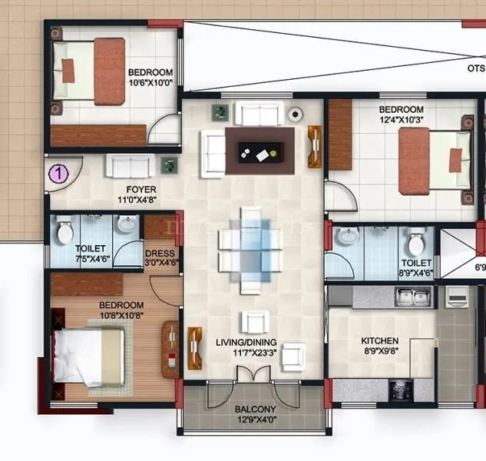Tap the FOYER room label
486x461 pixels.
[x=141, y=189]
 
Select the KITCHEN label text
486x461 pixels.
[x=380, y=340]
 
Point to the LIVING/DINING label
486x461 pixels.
[x=246, y=343]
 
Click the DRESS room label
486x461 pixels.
[x=160, y=254]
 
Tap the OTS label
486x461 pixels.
[x=475, y=68]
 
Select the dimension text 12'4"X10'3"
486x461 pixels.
[x=401, y=121]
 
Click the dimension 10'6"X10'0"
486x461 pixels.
[x=150, y=84]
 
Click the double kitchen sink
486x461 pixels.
[x=412, y=296]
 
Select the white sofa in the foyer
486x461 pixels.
[x=131, y=165]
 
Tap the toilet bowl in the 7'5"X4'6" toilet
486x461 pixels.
[x=66, y=230]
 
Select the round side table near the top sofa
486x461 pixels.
[x=295, y=114]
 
